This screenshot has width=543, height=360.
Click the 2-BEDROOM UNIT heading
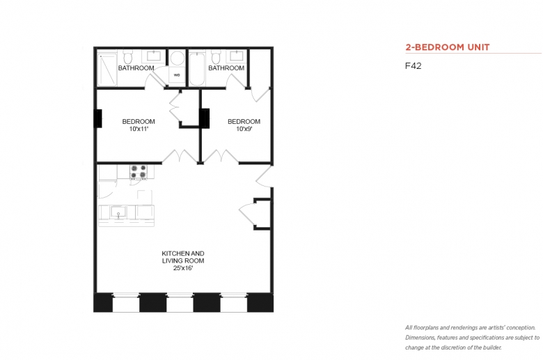click(x=448, y=47)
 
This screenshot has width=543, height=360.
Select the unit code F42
click(x=413, y=66)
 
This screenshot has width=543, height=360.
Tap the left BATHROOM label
click(x=136, y=68)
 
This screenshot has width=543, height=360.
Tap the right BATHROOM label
click(x=226, y=68)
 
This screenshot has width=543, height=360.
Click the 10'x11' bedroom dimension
click(x=139, y=129)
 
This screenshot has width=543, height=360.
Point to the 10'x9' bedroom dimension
click(x=244, y=129)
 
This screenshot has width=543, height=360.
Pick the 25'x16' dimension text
click(x=183, y=268)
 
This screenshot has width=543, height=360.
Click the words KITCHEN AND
click(x=183, y=253)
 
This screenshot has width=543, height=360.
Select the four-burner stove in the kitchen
click(x=139, y=172)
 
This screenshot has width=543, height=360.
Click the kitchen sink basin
click(x=118, y=212)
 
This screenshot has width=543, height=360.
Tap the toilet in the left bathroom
click(x=128, y=57)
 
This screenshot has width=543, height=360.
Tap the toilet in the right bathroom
click(x=216, y=57)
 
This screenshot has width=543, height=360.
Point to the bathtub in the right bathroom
click(x=197, y=68)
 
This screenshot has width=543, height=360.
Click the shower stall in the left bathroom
click(x=107, y=68)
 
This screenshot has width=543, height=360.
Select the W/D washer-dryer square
click(x=177, y=75)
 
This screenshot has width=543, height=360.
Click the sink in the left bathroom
click(x=153, y=56)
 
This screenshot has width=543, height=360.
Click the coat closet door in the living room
click(x=248, y=214)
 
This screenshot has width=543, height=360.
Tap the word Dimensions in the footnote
click(x=420, y=338)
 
